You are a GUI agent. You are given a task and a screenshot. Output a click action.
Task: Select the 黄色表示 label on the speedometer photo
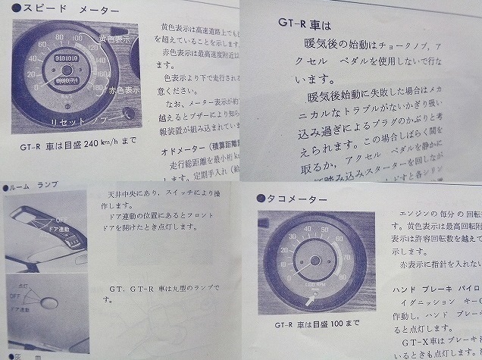point(112,36)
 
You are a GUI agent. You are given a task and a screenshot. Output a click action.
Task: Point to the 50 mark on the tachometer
point(330,229)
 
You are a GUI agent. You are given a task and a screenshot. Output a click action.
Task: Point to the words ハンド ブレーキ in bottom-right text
point(421,290)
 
